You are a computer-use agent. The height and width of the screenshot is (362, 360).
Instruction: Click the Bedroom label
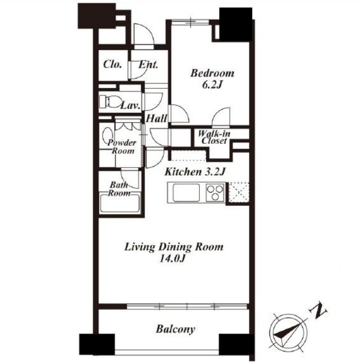coord(212,73)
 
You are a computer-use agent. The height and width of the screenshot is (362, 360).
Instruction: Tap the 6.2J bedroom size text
coord(212,85)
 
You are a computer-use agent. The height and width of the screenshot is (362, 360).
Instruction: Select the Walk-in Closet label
coord(214,137)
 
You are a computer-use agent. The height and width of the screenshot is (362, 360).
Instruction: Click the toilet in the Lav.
coord(110,102)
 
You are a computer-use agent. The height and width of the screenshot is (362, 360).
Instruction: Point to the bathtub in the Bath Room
coord(120,203)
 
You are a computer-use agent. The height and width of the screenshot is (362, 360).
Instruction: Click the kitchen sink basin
coord(186,192)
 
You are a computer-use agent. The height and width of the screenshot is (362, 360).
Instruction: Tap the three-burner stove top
coord(215,192)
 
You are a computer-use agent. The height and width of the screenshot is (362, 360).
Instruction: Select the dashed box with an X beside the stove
coord(239,192)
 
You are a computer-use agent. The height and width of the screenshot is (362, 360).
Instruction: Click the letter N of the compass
coord(319,311)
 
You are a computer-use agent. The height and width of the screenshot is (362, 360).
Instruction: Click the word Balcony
coord(175,329)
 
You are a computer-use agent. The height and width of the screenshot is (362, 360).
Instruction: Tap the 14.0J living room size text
coord(173,258)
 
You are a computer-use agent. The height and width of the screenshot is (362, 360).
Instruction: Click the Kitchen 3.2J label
coord(194,172)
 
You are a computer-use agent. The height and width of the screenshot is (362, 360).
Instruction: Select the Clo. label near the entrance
coord(112,64)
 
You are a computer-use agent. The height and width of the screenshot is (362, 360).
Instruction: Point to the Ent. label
coord(148,65)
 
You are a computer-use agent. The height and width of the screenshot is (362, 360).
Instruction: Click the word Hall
coord(156,119)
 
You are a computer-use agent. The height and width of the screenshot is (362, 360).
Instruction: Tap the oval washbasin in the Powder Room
coord(108,136)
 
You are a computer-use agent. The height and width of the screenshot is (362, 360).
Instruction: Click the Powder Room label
coord(122,146)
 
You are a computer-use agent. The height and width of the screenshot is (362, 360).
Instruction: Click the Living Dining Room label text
coord(174,247)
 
